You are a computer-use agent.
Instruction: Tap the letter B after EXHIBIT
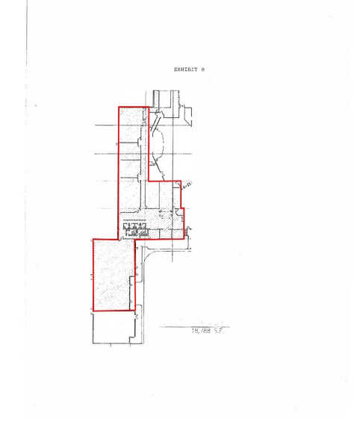click(202, 69)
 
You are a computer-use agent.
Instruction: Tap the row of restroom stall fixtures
click(135, 229)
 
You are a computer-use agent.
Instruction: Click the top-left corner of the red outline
click(119, 107)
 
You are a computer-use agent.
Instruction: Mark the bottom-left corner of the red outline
click(92, 311)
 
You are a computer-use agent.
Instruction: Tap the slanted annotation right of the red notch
click(187, 184)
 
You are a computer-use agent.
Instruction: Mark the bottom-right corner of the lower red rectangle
click(135, 311)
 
